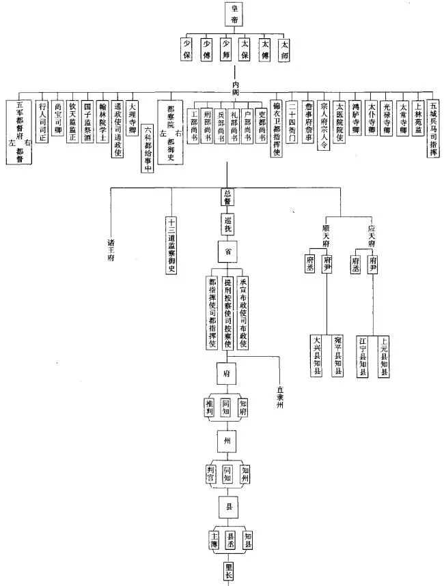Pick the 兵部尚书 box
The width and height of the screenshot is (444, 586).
(x=220, y=125)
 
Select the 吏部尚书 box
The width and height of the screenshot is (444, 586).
(x=260, y=125)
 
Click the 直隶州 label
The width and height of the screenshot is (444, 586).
(x=279, y=396)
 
